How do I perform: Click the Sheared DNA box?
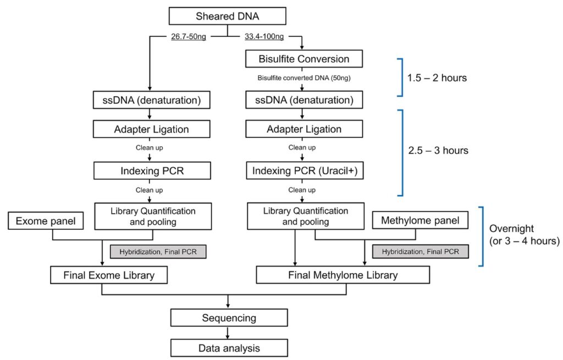227,16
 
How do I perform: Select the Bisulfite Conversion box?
303,59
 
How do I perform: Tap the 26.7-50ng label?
189,37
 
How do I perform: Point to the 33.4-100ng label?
264,37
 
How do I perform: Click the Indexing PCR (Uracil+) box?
305,170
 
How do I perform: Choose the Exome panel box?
46,221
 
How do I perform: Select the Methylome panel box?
420,220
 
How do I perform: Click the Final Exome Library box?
109,275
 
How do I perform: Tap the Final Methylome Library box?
343,275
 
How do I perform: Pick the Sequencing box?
229,318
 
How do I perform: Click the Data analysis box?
229,348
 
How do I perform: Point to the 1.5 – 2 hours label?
437,78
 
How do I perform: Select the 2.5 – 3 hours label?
438,150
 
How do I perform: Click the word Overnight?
511,229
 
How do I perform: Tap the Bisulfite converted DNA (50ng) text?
303,78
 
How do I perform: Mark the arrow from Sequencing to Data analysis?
228,333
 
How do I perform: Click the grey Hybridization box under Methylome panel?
420,252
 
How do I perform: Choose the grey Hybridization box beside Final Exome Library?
158,252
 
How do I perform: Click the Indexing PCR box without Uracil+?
152,170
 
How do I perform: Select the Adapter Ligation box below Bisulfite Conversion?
303,129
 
